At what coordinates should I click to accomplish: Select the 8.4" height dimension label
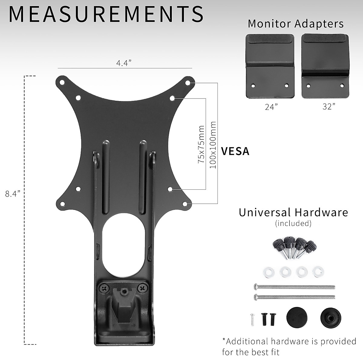click(x=12, y=194)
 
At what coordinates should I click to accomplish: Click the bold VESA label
click(x=235, y=151)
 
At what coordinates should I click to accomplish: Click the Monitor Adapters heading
click(x=296, y=24)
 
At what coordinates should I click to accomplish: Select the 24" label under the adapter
click(x=271, y=107)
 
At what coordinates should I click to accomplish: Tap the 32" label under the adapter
click(x=329, y=107)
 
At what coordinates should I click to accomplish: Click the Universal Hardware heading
click(x=293, y=212)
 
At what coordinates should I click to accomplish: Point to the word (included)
click(x=293, y=224)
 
